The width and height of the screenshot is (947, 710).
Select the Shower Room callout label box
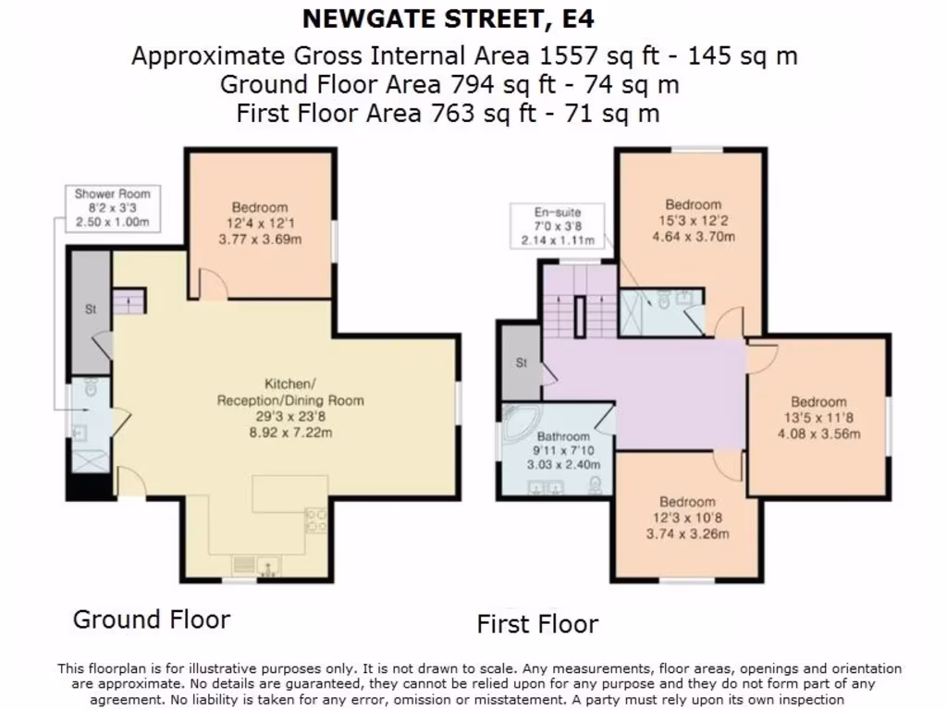tap(112, 208)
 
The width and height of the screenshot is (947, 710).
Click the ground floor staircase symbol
tap(129, 300)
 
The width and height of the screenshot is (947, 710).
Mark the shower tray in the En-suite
tap(634, 312)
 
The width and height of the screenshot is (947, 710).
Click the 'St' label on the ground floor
tap(91, 311)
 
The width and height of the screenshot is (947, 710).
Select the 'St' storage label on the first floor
tap(521, 363)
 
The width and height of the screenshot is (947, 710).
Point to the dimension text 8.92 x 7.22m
tap(289, 432)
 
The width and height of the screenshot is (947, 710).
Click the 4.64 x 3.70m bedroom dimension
tap(693, 236)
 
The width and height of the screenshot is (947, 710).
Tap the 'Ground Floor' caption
tap(152, 618)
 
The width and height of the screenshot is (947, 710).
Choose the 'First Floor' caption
tap(537, 624)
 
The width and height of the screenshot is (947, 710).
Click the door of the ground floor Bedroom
tap(214, 286)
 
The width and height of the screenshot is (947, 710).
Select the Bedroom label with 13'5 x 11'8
tap(818, 401)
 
